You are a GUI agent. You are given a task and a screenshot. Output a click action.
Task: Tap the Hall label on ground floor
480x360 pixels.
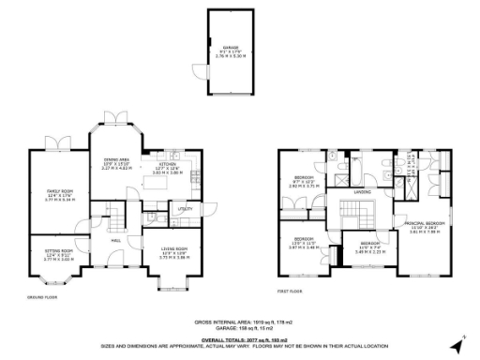pos(117,239)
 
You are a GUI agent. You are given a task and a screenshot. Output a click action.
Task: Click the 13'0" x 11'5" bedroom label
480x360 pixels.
pos(305,243)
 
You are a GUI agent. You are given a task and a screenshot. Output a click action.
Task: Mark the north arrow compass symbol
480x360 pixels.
pos(457,344)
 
